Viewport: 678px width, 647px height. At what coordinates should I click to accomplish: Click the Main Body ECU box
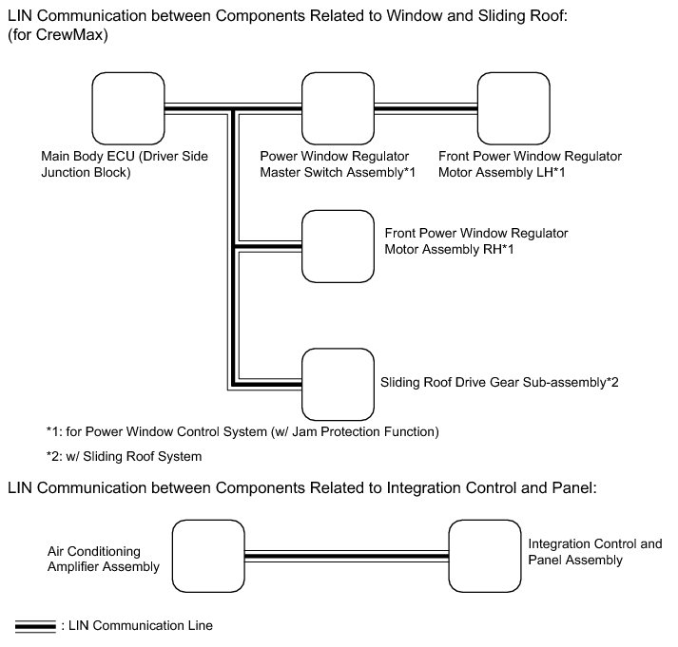point(127,108)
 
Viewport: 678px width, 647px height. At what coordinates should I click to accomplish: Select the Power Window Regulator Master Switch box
point(338,108)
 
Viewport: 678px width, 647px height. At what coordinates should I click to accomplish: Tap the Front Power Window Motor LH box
point(513,108)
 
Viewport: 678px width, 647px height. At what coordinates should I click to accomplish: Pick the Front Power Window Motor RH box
point(338,246)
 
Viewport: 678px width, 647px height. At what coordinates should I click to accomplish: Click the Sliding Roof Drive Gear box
point(338,384)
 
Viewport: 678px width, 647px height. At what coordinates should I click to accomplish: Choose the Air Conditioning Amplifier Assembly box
point(208,555)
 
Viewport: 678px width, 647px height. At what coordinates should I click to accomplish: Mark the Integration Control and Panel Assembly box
point(485,555)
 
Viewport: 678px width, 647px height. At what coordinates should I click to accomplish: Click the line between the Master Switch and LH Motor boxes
point(425,109)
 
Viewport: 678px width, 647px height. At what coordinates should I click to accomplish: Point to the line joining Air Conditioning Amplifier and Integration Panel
point(346,556)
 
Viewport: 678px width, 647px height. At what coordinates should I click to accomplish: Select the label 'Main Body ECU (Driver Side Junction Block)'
point(125,164)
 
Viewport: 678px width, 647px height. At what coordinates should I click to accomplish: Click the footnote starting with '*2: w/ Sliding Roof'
point(124,456)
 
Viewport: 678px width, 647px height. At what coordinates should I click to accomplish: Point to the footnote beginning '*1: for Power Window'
point(242,432)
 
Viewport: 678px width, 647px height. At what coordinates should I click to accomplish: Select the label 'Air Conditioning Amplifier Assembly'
point(103,559)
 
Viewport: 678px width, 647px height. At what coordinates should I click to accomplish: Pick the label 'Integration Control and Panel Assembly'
point(595,552)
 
